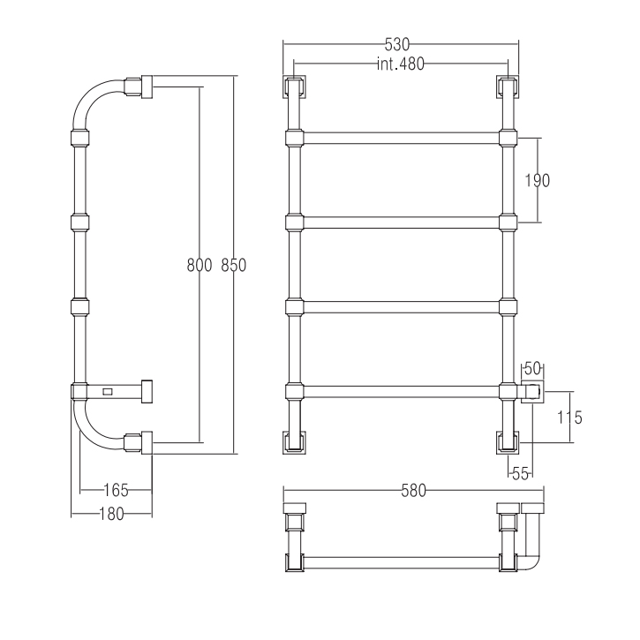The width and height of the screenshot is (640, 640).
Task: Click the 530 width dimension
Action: click(397, 44)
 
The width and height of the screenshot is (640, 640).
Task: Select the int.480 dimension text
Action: click(401, 64)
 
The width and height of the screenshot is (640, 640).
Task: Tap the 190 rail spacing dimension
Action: click(537, 180)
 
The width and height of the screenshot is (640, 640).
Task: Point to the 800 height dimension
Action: click(200, 266)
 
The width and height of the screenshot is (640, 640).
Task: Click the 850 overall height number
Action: click(233, 266)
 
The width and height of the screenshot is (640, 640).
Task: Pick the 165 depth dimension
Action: click(117, 490)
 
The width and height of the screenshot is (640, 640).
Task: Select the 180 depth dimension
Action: click(112, 515)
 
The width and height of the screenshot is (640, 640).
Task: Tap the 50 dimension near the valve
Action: click(532, 369)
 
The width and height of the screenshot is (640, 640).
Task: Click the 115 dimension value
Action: click(569, 418)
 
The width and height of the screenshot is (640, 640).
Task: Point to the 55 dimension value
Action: click(520, 474)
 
